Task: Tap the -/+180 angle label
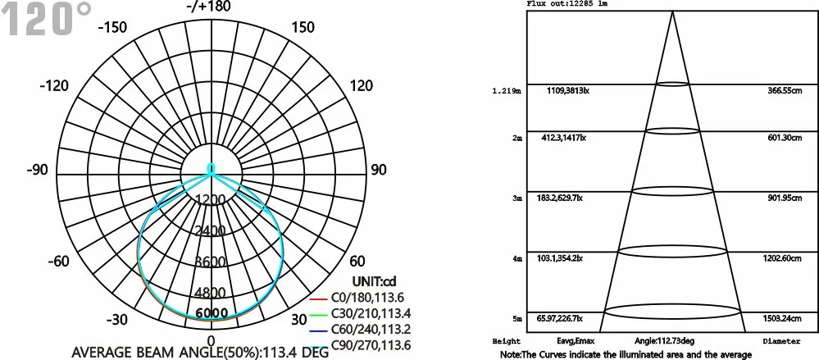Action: [212, 7]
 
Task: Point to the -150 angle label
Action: [111, 27]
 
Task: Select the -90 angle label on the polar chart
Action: [38, 170]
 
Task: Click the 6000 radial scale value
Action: [212, 313]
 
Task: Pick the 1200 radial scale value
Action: [212, 200]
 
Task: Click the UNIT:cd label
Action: [350, 281]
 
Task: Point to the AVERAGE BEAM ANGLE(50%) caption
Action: [201, 353]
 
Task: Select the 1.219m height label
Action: [506, 91]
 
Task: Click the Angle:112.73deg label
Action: [666, 339]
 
